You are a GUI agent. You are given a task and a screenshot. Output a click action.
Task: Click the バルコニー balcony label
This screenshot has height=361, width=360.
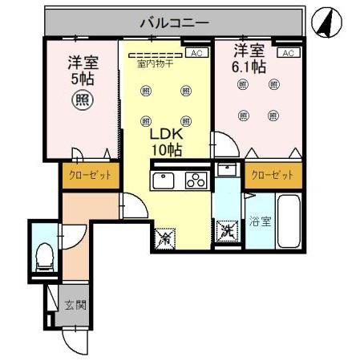click(174, 22)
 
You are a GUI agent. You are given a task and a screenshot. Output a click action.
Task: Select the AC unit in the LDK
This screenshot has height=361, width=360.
click(195, 53)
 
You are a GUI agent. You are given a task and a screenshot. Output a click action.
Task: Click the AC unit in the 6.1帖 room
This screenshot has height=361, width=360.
click(289, 53)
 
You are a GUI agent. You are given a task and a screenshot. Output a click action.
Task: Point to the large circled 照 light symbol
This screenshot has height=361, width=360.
click(81, 99)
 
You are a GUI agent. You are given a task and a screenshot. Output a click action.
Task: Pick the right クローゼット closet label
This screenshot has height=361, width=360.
click(272, 175)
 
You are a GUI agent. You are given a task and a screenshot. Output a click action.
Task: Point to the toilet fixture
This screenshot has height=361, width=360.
click(46, 254)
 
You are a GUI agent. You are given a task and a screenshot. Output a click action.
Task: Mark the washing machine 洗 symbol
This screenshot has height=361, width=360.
click(227, 233)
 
